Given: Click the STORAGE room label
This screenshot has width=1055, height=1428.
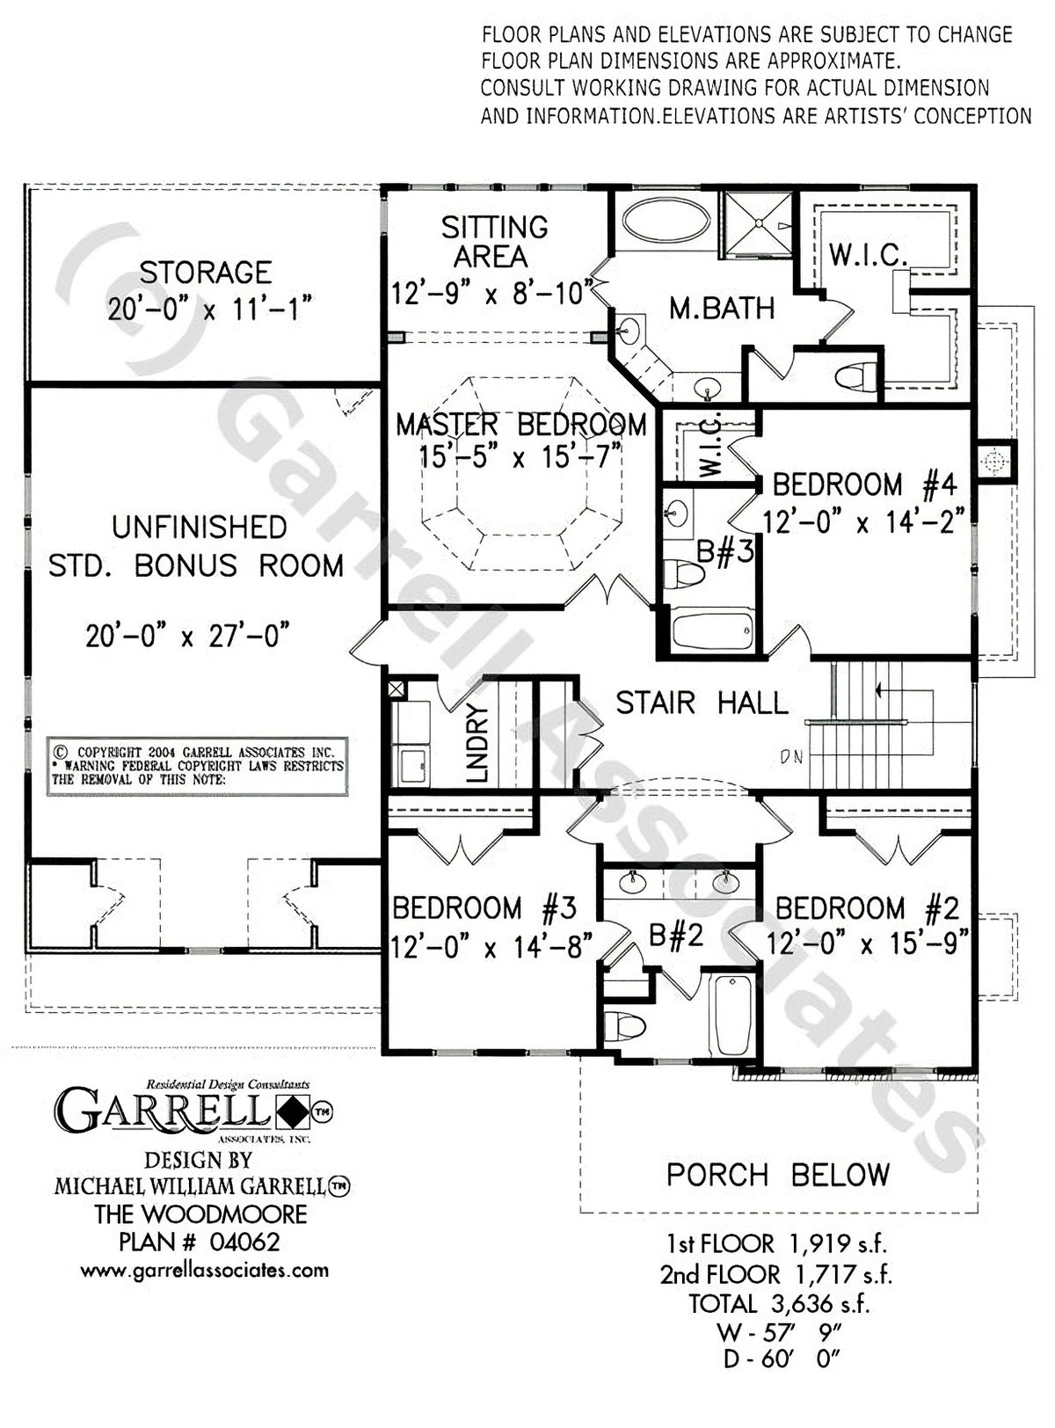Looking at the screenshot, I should coord(206,273).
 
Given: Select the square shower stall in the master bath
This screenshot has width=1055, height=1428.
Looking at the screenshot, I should coord(757,223).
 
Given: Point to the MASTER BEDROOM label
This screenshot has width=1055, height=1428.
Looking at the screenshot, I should coord(520,426).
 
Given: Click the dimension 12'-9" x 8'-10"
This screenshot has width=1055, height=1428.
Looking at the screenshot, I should coord(489,293).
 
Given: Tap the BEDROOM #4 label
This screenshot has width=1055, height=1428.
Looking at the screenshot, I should coord(863,484).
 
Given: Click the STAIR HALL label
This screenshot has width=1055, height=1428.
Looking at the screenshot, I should coord(701,703).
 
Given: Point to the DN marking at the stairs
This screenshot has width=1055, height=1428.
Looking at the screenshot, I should coord(791,756).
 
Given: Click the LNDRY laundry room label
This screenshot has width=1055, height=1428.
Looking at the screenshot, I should coord(477,743).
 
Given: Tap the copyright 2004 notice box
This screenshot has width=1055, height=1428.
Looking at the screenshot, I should coord(197,766).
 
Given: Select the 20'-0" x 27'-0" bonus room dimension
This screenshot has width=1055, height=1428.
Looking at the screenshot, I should coord(187,635).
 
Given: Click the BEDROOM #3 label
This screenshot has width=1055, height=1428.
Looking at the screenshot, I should coord(484,907).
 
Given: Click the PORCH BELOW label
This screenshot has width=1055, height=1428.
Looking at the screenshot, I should coord(777,1175).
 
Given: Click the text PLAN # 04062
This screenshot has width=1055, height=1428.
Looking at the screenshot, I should coord(200,1242).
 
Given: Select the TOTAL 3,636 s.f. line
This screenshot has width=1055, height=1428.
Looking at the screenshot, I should coord(778,1303).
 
